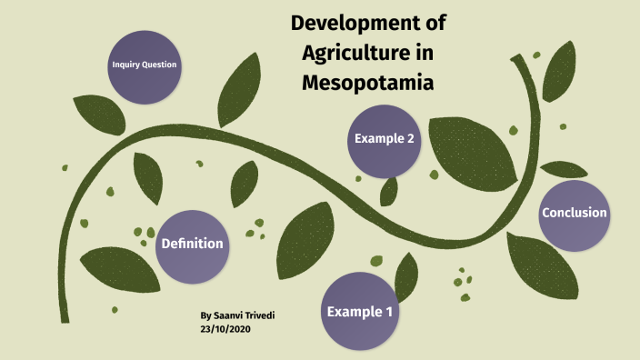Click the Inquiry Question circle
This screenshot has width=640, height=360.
tap(144, 65)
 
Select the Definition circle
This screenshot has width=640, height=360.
tap(192, 244)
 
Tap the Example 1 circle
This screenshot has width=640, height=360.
tap(360, 312)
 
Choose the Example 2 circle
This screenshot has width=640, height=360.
tap(385, 139)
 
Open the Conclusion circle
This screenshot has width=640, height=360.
tap(574, 214)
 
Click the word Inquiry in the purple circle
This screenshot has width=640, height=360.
tap(125, 65)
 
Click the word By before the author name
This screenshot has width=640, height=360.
tap(205, 315)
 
